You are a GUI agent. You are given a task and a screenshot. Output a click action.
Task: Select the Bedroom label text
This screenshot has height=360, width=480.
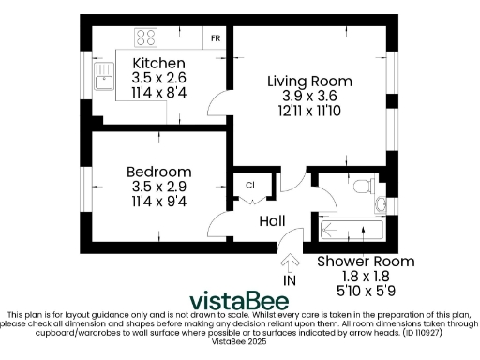pos(159,172)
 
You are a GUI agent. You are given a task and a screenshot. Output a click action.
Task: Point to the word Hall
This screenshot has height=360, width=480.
pos(272,220)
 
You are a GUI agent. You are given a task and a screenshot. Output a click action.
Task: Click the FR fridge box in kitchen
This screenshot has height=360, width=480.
pos(216,38)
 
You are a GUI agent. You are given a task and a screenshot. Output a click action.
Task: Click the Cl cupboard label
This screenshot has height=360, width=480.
pos(250,184)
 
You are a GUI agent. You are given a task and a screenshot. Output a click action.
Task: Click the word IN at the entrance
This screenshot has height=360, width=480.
pos(289,280)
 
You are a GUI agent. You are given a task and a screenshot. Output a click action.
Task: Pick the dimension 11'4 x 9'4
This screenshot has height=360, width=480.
pos(159,201)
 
